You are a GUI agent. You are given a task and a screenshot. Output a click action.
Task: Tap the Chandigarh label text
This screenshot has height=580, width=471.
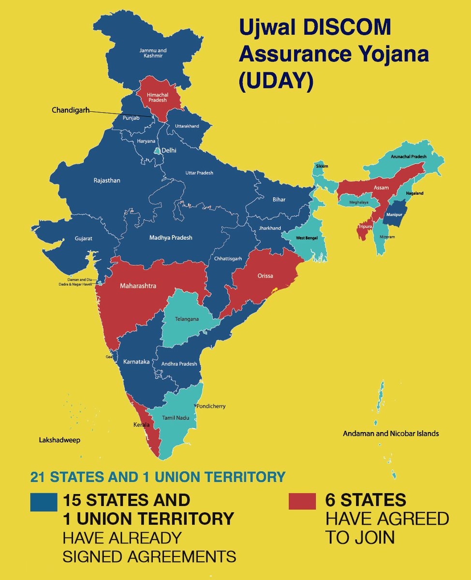(71, 110)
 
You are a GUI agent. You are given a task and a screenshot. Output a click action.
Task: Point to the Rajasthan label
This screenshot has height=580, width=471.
(107, 180)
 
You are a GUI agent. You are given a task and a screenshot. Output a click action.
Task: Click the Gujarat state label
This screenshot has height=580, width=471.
(83, 239)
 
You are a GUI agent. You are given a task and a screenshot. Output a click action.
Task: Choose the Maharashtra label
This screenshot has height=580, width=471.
(138, 286)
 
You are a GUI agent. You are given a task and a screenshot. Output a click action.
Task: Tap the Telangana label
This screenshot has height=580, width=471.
(187, 319)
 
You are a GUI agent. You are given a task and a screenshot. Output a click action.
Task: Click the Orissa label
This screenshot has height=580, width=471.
(265, 276)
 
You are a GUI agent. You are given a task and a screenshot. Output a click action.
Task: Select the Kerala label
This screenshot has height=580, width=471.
(142, 425)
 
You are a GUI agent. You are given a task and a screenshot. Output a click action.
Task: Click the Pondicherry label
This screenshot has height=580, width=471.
(210, 406)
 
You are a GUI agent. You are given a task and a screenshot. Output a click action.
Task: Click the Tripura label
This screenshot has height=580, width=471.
(365, 226)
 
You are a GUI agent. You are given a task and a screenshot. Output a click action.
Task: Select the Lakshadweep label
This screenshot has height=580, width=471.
(59, 440)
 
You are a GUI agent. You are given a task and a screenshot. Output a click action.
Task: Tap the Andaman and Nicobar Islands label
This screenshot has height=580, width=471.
(391, 434)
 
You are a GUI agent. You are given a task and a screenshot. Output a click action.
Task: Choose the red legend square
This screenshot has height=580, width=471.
(302, 501)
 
